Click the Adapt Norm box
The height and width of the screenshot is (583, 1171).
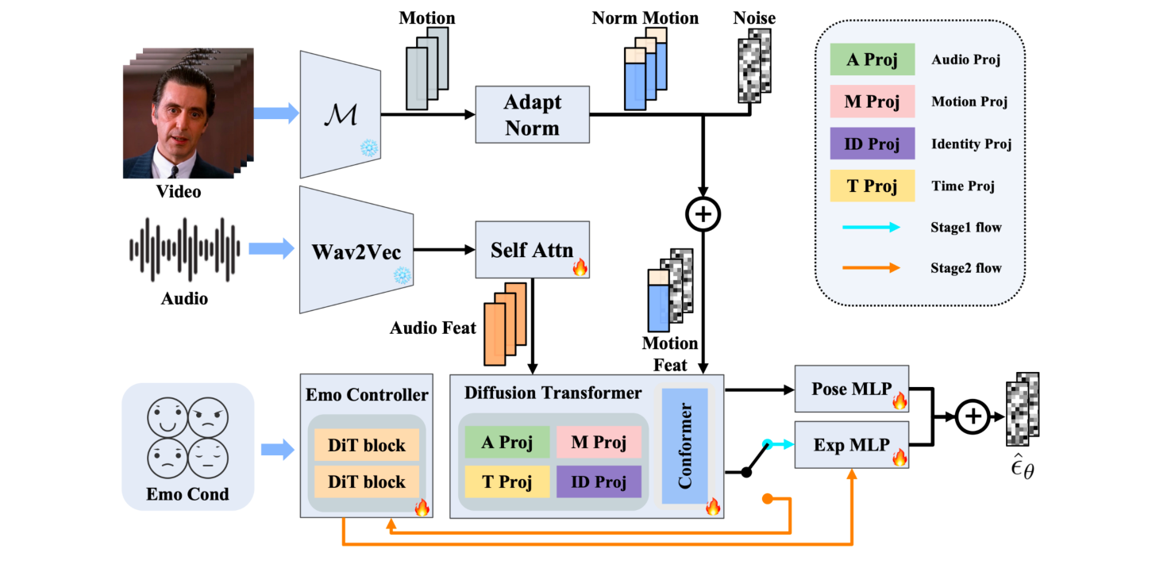pos(532,115)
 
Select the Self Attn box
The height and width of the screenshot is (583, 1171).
pos(532,250)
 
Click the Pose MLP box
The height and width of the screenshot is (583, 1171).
pos(851,389)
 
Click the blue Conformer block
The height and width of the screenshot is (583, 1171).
pos(684,446)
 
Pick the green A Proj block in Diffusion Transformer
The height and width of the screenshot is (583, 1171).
pos(507,443)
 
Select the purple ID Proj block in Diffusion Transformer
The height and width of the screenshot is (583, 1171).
pos(599,481)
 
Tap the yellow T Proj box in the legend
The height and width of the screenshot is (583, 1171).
pos(872,186)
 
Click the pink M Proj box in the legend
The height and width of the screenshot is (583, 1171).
pos(872,102)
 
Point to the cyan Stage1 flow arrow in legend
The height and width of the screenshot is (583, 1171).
pos(872,228)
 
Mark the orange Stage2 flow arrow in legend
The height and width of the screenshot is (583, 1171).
pos(872,268)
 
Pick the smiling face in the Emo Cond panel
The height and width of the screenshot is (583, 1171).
pos(168,417)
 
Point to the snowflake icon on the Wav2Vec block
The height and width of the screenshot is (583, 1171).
pos(403,276)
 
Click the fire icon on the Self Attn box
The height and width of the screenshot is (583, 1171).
pos(580,267)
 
